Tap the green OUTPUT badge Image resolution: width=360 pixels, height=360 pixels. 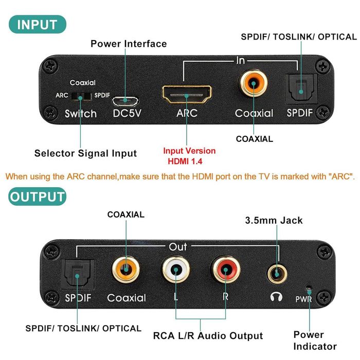coord(37,196)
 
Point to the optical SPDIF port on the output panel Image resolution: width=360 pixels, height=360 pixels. coord(76,275)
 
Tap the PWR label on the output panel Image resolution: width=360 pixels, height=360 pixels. coord(303,298)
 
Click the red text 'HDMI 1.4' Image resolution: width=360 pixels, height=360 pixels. coord(189,162)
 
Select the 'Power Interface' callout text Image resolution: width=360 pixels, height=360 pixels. coord(129,44)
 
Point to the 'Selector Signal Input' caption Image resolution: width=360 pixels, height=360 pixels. coord(85,153)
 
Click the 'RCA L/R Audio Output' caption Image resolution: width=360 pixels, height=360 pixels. coord(208,336)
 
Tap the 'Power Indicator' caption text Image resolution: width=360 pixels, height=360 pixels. coord(315,340)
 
